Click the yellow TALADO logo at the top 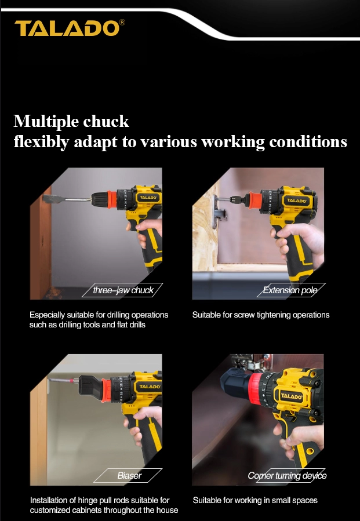(x=67, y=28)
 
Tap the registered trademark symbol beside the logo (x=122, y=22)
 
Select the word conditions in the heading (x=308, y=142)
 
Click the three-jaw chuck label (x=123, y=290)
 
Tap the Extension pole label (x=290, y=290)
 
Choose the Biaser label (x=129, y=475)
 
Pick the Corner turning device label (x=287, y=475)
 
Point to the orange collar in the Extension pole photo (x=255, y=201)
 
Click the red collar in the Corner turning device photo (x=256, y=389)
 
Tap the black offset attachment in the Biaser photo (x=90, y=388)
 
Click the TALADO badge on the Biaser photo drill (x=149, y=387)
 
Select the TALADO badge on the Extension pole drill (x=296, y=201)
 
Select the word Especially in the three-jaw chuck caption (x=47, y=315)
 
